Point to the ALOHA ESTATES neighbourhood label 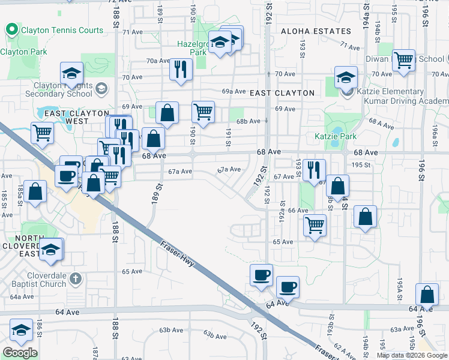315,31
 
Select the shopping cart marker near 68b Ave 203,112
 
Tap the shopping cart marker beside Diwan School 404,60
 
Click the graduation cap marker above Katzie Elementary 346,77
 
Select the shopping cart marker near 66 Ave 315,226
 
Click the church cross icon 74,278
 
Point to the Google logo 20,353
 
